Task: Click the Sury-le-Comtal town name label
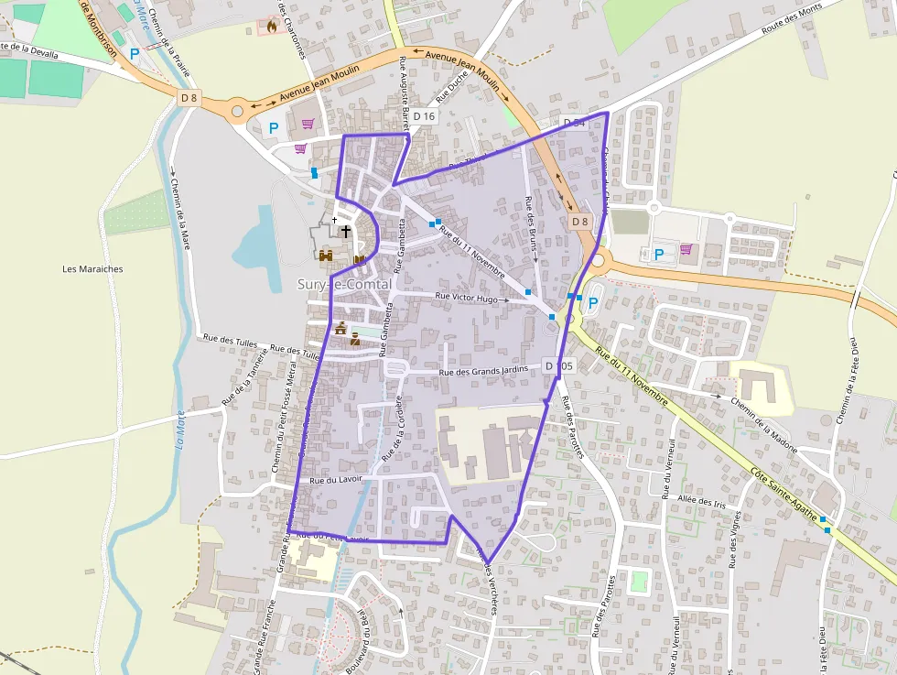coord(345,285)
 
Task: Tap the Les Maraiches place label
coord(92,269)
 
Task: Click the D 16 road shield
coord(424,116)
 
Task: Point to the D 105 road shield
coord(558,366)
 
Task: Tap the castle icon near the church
coord(325,256)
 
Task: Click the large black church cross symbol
coord(346,232)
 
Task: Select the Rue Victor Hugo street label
coord(467,299)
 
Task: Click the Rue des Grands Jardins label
coord(484,371)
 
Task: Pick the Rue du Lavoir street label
coord(336,480)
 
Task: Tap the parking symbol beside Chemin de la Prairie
coord(135,54)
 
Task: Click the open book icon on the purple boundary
coord(359,259)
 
